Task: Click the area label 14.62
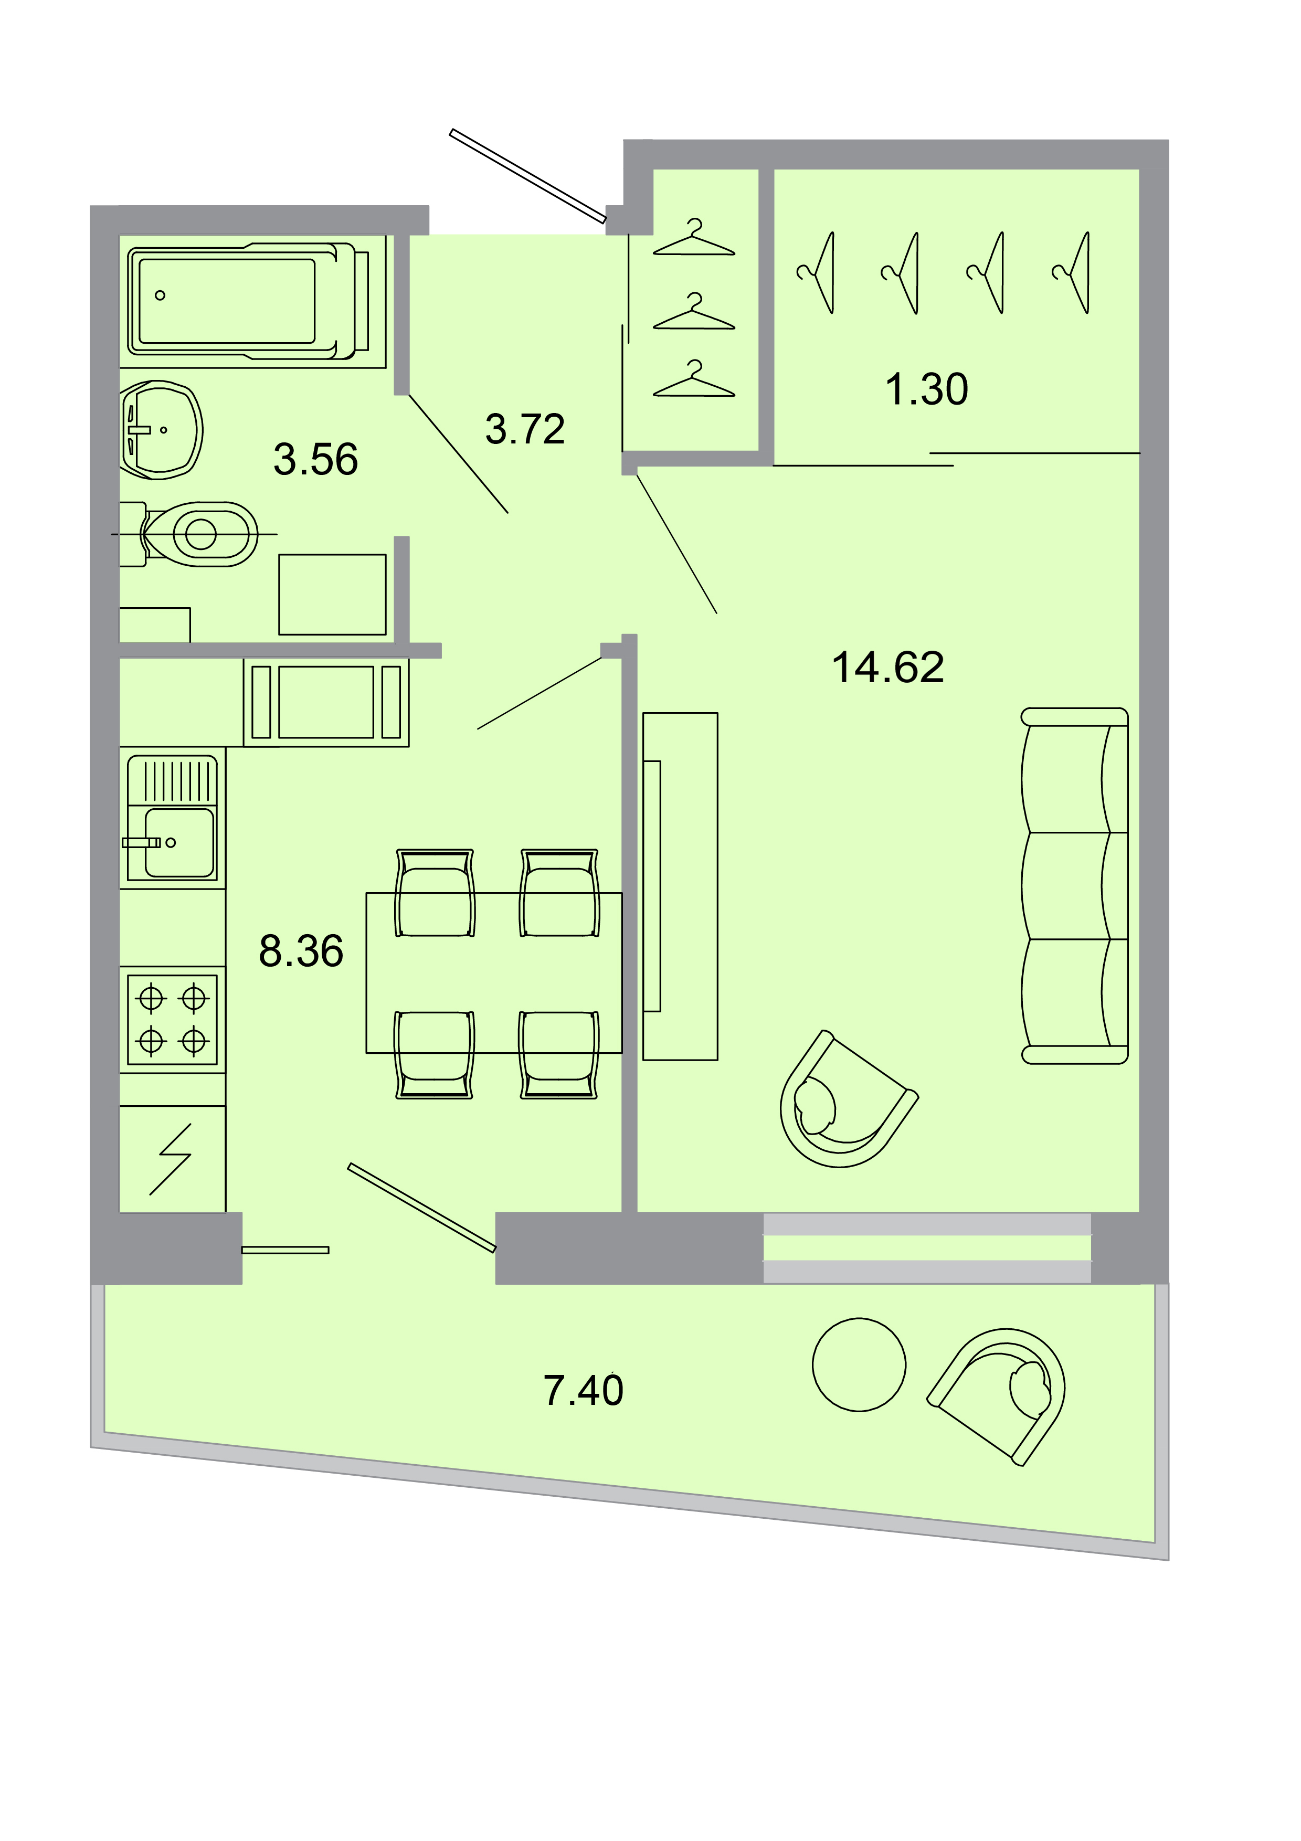click(887, 668)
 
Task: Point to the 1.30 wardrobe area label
click(927, 390)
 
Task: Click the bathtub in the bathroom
click(240, 301)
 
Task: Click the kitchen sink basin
click(179, 842)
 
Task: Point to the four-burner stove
click(172, 1019)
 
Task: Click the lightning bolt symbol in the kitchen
click(172, 1159)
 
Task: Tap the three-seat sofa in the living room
click(1074, 886)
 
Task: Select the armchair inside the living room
click(842, 1103)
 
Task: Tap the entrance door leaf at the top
click(527, 175)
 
